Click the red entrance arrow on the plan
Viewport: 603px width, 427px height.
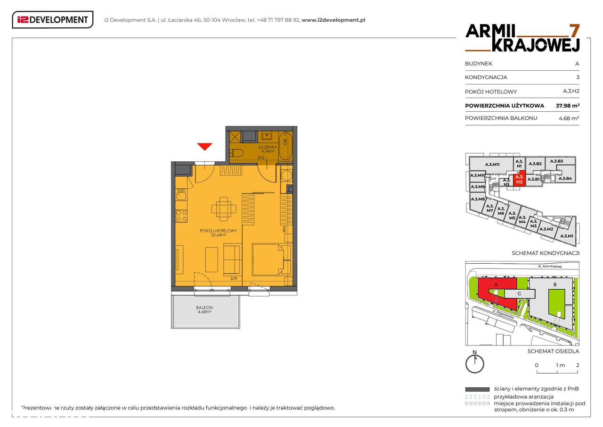(x=204, y=147)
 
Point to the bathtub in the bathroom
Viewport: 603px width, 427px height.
(x=285, y=146)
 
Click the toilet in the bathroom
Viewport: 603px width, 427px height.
(x=237, y=152)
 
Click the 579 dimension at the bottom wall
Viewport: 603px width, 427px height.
(x=233, y=279)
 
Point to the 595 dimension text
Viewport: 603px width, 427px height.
(x=285, y=230)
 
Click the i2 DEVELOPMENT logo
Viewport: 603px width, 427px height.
(x=52, y=20)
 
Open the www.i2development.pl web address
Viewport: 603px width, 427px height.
(x=333, y=20)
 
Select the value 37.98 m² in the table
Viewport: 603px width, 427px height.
(x=567, y=106)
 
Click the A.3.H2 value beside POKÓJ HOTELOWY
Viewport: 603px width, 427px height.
(x=571, y=92)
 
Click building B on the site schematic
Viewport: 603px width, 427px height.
(x=555, y=285)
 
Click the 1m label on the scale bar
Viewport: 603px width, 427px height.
(x=560, y=365)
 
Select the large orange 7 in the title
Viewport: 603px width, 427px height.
(x=574, y=31)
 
